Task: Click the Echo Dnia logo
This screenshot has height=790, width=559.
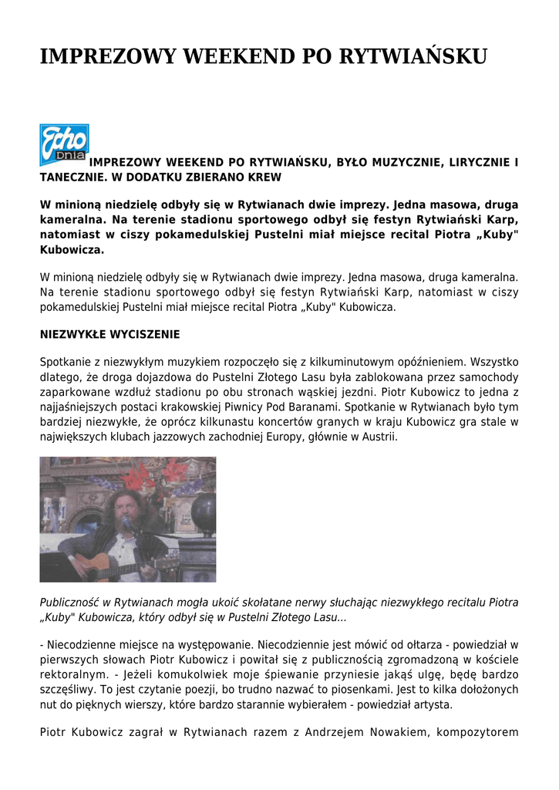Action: (64, 144)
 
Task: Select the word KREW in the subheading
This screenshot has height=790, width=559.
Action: (264, 177)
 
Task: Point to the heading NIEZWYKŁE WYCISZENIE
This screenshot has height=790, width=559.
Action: (109, 335)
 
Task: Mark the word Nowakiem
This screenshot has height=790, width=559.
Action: (390, 733)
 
